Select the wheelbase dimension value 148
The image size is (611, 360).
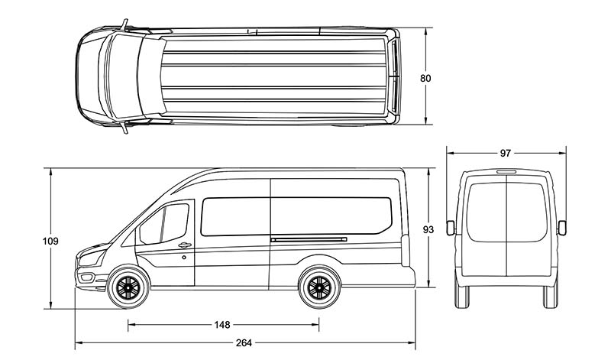[x=222, y=325]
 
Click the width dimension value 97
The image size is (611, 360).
[x=506, y=153]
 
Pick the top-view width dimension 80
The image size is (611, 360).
[x=425, y=77]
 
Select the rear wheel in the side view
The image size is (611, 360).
[x=318, y=287]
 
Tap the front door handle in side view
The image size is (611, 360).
[x=184, y=245]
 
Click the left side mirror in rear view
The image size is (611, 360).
[x=450, y=226]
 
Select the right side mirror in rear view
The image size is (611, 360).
[x=563, y=226]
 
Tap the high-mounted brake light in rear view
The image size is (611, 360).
[x=506, y=172]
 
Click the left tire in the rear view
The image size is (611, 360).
[x=462, y=295]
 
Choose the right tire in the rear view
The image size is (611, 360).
[x=550, y=295]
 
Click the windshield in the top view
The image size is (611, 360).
[x=122, y=77]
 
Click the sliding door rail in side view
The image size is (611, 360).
[x=309, y=240]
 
